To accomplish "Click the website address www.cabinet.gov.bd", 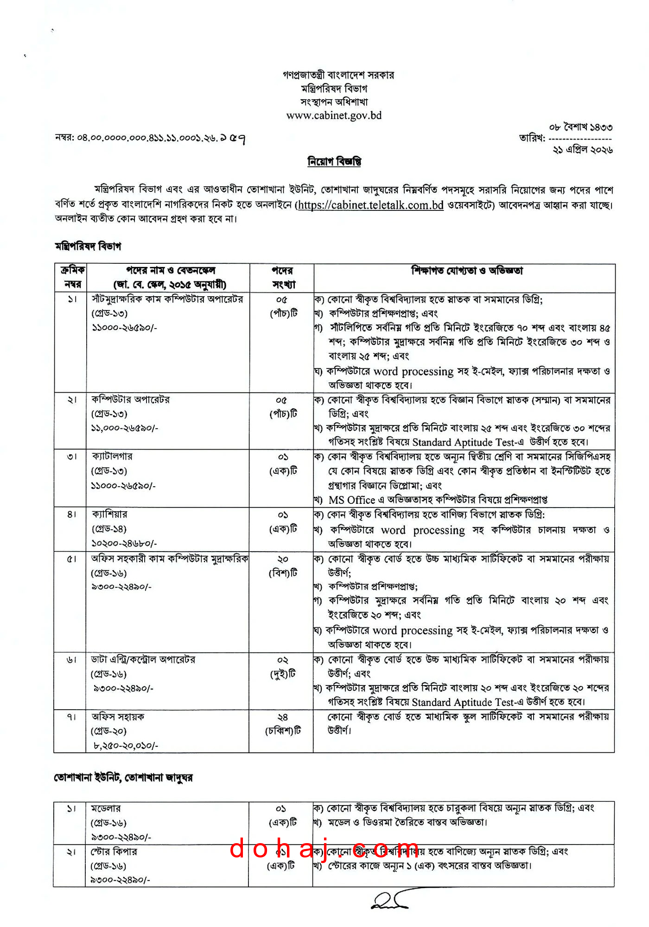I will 334,115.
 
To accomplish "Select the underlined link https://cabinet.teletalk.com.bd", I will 370,205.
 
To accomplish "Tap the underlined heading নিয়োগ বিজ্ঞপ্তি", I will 334,161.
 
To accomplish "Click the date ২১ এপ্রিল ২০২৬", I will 583,150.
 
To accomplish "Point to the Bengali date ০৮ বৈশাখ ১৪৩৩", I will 581,127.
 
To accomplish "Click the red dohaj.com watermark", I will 324,849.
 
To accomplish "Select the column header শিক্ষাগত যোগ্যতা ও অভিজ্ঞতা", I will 466,271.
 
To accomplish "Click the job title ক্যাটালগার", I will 112,457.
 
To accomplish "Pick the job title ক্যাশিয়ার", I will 110,514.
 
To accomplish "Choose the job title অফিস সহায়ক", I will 118,717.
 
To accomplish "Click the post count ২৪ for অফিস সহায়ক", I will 283,717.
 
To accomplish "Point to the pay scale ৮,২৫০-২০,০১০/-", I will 126,745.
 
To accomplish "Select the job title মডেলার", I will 106,808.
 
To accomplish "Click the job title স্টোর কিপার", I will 114,851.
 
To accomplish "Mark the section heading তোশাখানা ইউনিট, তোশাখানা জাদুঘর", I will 123,777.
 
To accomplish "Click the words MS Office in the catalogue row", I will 352,500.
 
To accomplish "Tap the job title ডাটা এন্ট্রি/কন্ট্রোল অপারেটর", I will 143,659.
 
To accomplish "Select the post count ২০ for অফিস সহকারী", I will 283,559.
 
